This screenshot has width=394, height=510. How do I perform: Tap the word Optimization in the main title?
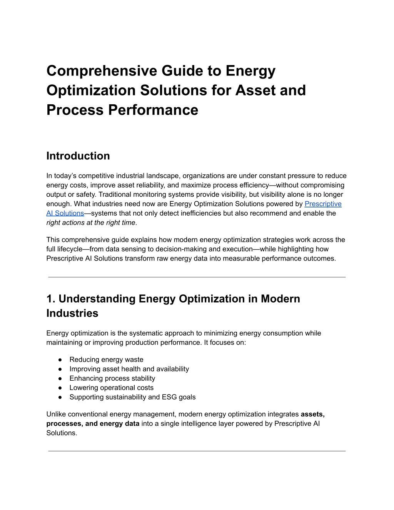(x=91, y=90)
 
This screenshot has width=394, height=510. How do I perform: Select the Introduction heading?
(x=78, y=156)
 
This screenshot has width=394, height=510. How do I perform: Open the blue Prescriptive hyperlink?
(x=323, y=204)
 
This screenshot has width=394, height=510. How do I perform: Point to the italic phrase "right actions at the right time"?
(x=91, y=222)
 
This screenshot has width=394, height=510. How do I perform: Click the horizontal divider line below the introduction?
(x=197, y=277)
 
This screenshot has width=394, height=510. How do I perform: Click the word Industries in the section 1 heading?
(x=72, y=313)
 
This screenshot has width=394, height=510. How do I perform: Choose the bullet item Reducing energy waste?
(x=106, y=360)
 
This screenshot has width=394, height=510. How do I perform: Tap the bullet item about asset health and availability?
(x=129, y=369)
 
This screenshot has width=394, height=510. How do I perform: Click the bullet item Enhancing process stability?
(x=112, y=378)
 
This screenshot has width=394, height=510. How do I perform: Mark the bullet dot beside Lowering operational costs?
(x=60, y=388)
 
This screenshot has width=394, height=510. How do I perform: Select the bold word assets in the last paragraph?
(x=312, y=414)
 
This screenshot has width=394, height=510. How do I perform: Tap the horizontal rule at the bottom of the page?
(x=197, y=451)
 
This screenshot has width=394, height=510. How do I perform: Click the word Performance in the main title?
(x=153, y=110)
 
